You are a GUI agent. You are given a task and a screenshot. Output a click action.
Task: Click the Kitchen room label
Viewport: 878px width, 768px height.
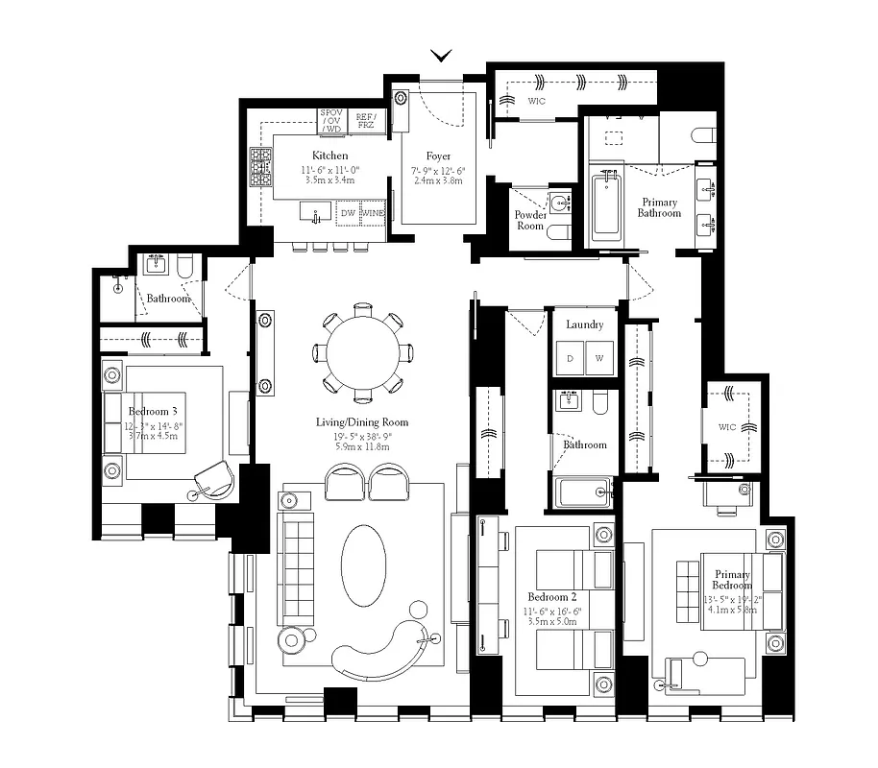(329, 156)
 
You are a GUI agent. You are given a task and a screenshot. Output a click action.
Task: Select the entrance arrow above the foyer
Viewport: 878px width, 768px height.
(442, 56)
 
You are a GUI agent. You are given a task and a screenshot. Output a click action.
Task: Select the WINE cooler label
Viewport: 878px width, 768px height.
(374, 213)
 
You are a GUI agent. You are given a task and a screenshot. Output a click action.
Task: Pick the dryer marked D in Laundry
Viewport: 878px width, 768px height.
(570, 358)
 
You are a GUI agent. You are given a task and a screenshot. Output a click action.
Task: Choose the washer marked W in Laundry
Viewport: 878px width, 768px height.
(599, 358)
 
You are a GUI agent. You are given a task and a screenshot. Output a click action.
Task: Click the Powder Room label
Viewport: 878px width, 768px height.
(530, 221)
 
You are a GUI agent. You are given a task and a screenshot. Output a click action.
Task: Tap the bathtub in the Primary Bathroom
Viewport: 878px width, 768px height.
(606, 205)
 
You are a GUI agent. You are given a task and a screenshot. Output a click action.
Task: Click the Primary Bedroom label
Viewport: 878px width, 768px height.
(733, 580)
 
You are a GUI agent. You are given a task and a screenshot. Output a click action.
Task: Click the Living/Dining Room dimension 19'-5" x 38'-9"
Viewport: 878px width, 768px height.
(363, 436)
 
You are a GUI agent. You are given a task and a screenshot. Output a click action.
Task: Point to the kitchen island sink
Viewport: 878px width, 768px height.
(314, 211)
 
